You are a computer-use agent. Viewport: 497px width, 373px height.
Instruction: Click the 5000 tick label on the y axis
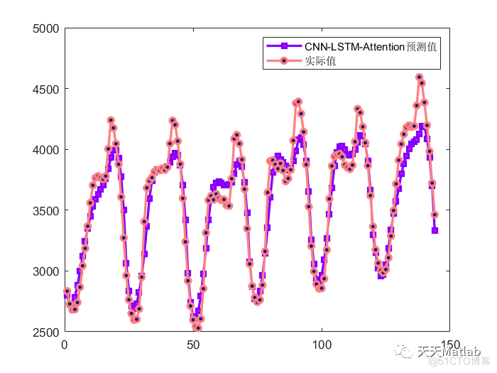(46, 28)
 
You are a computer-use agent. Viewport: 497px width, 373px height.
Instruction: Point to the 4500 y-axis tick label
(46, 89)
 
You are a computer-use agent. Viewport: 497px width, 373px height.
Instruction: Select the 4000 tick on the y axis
(46, 150)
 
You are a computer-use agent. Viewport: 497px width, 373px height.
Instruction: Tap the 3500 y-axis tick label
(46, 211)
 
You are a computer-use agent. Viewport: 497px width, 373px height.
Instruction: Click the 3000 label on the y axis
(46, 271)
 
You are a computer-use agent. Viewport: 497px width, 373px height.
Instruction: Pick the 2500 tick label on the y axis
(46, 333)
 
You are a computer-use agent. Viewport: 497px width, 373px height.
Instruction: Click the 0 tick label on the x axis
(65, 345)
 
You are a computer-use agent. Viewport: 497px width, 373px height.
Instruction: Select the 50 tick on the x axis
(193, 345)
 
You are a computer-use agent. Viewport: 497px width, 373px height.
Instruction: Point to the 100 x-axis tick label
(321, 345)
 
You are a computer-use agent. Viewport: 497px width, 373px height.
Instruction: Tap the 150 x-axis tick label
(449, 345)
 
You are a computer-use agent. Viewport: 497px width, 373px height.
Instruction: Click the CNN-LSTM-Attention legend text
(369, 46)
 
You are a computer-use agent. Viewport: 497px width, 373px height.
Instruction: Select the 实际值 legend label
(321, 61)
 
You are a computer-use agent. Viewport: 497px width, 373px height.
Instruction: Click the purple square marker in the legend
(283, 46)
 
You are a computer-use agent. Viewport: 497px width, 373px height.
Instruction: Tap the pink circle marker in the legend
(283, 61)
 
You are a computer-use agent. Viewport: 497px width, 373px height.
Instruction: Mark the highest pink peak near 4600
(419, 77)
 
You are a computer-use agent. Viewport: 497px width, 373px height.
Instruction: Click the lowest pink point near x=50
(198, 328)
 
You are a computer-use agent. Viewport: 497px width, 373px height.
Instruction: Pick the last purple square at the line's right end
(435, 230)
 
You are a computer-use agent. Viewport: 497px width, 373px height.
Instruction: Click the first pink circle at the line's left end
(67, 291)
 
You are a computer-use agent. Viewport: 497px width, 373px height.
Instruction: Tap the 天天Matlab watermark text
(448, 352)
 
